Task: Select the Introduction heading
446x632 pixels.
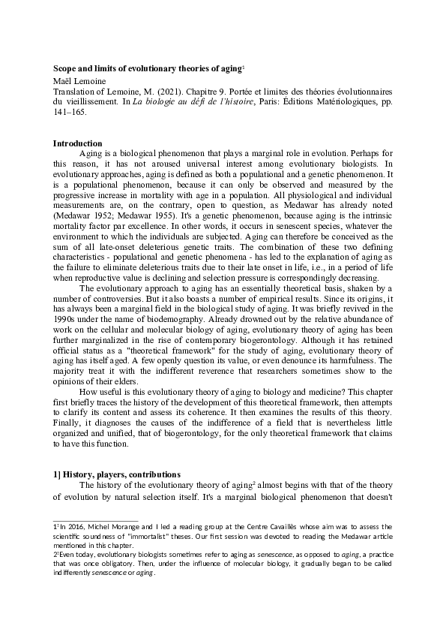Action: (78, 143)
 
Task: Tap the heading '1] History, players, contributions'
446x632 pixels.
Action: (116, 475)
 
